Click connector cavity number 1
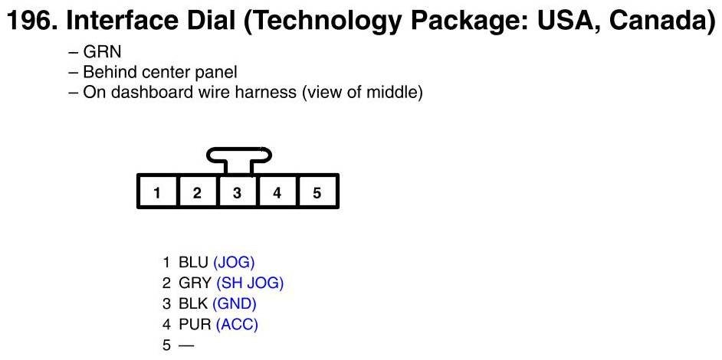point(157,193)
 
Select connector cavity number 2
point(197,193)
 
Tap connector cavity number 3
point(238,193)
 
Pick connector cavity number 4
point(277,193)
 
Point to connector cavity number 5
point(317,193)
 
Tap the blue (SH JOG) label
point(250,283)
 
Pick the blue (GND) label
point(235,303)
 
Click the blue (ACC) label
point(237,324)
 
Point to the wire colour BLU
point(194,262)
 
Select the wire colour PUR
point(195,324)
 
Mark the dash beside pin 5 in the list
point(186,345)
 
